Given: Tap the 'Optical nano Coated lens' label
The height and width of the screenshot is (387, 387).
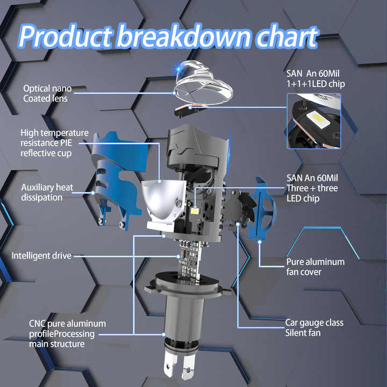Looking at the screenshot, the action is [x=47, y=94].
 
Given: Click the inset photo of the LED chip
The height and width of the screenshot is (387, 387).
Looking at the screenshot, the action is [x=314, y=121].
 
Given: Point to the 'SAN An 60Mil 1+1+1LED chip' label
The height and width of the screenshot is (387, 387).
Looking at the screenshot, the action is [x=316, y=78].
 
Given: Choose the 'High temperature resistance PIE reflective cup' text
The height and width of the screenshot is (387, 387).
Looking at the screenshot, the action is [x=54, y=143].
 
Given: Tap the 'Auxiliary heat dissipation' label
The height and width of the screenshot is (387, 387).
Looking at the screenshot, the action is [x=47, y=192].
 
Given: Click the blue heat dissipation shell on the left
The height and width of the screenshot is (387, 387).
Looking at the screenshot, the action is [x=118, y=178].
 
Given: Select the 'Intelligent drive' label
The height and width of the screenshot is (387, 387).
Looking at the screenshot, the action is [x=41, y=255].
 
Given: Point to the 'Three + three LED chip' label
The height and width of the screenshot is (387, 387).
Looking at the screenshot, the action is [x=312, y=188].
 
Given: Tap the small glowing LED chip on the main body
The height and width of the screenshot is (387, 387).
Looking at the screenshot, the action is [x=195, y=211].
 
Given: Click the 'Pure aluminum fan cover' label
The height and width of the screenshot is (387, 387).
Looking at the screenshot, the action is [x=316, y=267].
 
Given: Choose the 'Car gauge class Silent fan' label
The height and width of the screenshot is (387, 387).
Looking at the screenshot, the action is [x=314, y=327].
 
